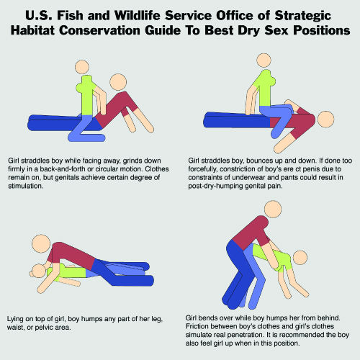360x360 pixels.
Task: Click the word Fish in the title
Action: [x=70, y=16]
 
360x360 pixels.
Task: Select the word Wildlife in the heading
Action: [x=137, y=16]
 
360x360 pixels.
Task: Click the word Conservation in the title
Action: [x=99, y=30]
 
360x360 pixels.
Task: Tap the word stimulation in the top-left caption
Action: [x=26, y=186]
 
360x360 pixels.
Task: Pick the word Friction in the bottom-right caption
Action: [x=197, y=326]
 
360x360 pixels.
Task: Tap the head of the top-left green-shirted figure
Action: [x=82, y=68]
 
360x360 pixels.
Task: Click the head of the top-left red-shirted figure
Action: [x=118, y=82]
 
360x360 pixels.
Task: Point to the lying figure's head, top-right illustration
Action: [x=325, y=120]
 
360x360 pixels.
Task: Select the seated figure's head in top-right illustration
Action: [x=264, y=60]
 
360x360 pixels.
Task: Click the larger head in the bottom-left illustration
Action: [x=41, y=243]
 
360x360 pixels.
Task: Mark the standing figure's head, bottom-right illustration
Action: [x=273, y=209]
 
